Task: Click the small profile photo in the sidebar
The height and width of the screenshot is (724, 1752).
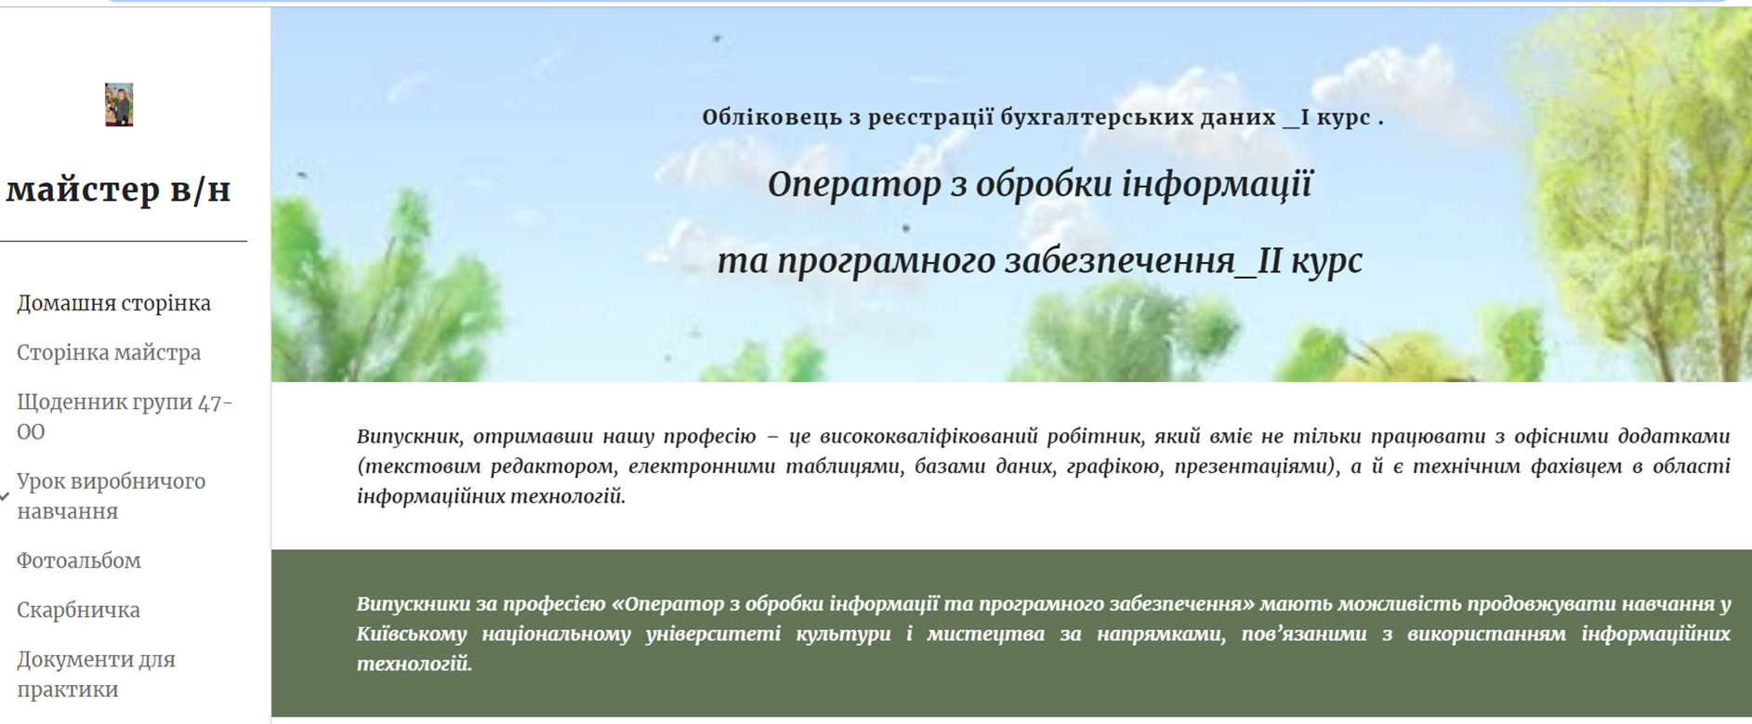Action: tap(119, 104)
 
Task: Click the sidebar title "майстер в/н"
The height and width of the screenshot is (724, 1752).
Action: tap(118, 190)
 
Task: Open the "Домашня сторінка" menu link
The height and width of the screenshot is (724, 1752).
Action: tap(113, 303)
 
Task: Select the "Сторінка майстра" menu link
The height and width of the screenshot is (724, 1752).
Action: tap(109, 352)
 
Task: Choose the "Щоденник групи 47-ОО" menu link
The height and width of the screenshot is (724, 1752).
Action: tap(125, 416)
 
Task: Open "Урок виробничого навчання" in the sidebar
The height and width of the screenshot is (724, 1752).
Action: tap(111, 496)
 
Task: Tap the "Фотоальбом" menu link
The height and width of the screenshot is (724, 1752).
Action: tap(79, 560)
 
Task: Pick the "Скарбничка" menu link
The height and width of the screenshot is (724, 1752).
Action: tap(78, 610)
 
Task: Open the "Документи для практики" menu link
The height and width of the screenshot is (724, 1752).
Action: tap(96, 674)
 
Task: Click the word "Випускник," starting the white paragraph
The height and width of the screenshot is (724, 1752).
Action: tap(409, 437)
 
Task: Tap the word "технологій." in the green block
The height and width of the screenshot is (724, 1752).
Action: tap(415, 664)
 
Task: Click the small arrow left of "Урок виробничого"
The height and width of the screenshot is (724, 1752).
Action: tap(5, 497)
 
